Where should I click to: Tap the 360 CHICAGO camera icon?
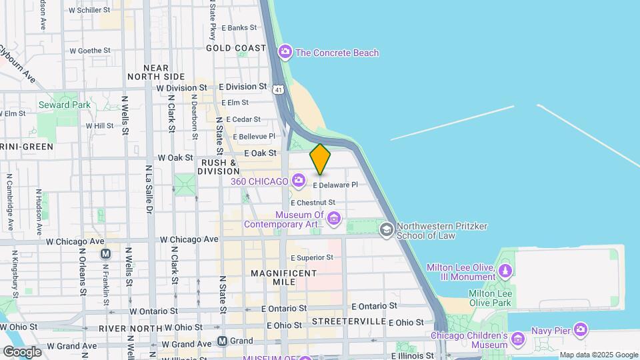[x=298, y=181]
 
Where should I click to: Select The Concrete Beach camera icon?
[x=285, y=52]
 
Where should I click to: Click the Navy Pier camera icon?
[x=580, y=330]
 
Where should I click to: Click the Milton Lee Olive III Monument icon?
[x=505, y=271]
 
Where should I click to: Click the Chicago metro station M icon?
[x=105, y=253]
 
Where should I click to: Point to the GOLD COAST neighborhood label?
[x=236, y=48]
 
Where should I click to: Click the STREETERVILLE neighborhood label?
[x=349, y=321]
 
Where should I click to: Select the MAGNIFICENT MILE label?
[x=283, y=277]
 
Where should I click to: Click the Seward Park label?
[x=64, y=105]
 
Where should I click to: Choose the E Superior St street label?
[x=311, y=257]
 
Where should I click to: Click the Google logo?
[x=22, y=351]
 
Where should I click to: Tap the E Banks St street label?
[x=239, y=27]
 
